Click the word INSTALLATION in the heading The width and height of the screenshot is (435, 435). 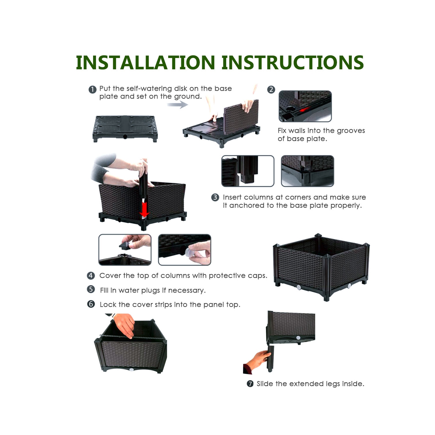point(145,63)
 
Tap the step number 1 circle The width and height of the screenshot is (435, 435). point(92,89)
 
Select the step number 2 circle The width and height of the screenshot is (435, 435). point(271,89)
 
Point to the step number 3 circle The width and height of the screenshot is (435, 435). point(215,197)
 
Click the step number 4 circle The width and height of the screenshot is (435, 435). point(91,275)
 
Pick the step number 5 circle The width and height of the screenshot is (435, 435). point(91,289)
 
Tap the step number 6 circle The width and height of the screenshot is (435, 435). point(91,304)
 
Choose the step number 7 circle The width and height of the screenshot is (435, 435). point(250,384)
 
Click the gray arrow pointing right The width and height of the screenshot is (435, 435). point(177,104)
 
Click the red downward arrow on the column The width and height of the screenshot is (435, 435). point(144,209)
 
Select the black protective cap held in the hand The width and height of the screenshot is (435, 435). point(125,246)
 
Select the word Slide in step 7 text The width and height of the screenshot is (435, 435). point(265,384)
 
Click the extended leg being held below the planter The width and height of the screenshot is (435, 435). point(270,359)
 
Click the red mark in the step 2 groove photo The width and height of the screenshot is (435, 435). point(304,110)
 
